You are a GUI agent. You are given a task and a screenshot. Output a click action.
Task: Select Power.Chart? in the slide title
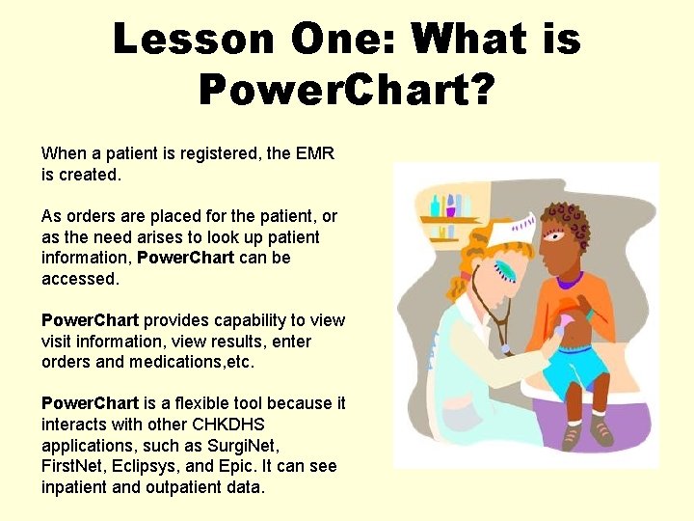[x=347, y=91]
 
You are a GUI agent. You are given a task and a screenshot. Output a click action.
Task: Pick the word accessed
[x=81, y=279]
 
